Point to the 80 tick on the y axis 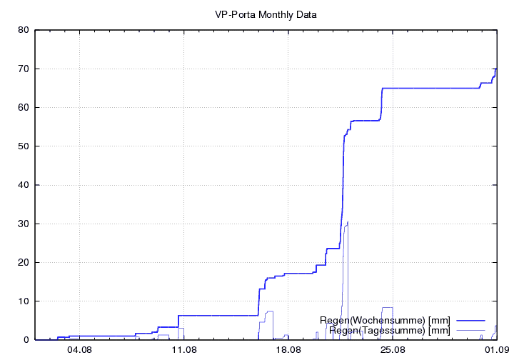click(x=22, y=30)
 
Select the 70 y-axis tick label click(x=22, y=69)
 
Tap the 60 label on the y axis click(x=22, y=107)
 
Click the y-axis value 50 click(x=22, y=146)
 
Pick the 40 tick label click(x=22, y=185)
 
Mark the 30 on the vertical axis click(x=22, y=224)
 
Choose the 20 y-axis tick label click(x=22, y=262)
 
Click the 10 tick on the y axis click(x=22, y=301)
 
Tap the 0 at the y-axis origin click(x=25, y=340)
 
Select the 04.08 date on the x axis click(x=79, y=350)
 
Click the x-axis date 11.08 click(x=183, y=350)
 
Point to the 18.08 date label click(x=288, y=350)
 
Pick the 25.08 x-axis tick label click(x=392, y=350)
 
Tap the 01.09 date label click(x=496, y=350)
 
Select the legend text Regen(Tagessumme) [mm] click(x=389, y=330)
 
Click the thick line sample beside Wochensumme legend click(x=470, y=320)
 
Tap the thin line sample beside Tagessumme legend click(x=470, y=330)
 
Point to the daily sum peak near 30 click(x=347, y=223)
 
